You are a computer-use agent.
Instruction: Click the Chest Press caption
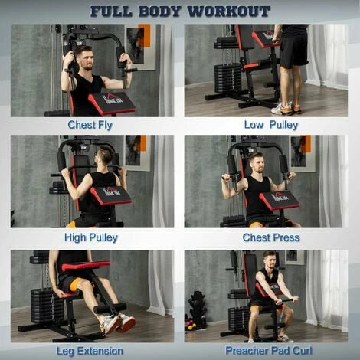click(x=270, y=237)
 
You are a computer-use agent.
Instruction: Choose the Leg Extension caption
click(x=90, y=351)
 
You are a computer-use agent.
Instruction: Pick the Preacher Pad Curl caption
click(x=270, y=351)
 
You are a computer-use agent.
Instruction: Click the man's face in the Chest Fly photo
click(x=86, y=57)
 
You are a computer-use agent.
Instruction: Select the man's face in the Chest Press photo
click(x=257, y=162)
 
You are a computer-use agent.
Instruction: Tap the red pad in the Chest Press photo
click(x=279, y=201)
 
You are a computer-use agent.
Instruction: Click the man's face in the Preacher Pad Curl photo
click(x=269, y=260)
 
